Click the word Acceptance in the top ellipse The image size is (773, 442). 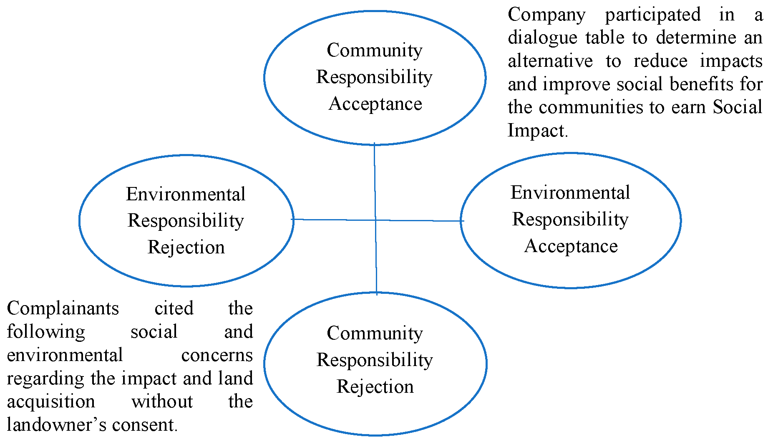pyautogui.click(x=375, y=104)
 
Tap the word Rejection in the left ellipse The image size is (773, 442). pyautogui.click(x=186, y=247)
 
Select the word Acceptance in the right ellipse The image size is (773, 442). pyautogui.click(x=571, y=246)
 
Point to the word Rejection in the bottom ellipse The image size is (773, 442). pyautogui.click(x=375, y=386)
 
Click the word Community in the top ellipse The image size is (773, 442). pyautogui.click(x=375, y=51)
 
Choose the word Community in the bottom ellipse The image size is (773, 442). pyautogui.click(x=375, y=333)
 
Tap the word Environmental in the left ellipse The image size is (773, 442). pyautogui.click(x=186, y=194)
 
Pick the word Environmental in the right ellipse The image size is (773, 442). pyautogui.click(x=570, y=192)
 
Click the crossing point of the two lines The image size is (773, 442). pyautogui.click(x=375, y=220)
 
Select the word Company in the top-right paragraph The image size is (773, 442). pyautogui.click(x=546, y=15)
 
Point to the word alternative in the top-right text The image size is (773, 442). pyautogui.click(x=550, y=61)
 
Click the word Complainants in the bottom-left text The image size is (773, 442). pyautogui.click(x=63, y=309)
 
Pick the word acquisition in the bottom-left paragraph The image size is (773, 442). pyautogui.click(x=51, y=402)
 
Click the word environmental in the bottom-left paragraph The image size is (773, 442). pyautogui.click(x=65, y=355)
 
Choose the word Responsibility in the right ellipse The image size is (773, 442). pyautogui.click(x=570, y=220)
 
